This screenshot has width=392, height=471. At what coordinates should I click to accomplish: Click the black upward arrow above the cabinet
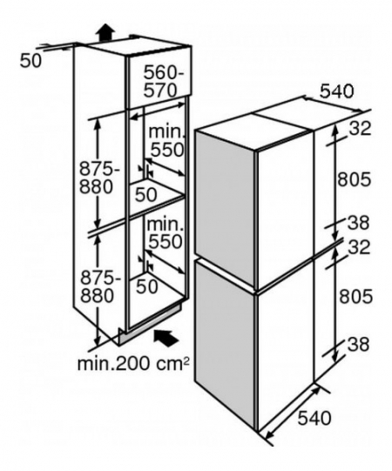[105, 32]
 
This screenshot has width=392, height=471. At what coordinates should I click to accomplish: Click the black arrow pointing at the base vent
[166, 337]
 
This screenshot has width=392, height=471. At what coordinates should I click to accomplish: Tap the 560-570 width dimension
[163, 81]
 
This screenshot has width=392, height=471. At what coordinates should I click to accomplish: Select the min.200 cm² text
[133, 363]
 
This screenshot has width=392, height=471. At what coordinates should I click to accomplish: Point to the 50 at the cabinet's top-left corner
[30, 61]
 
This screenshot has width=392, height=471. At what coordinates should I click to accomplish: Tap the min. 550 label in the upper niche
[166, 140]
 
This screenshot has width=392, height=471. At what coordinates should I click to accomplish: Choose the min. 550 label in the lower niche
[165, 232]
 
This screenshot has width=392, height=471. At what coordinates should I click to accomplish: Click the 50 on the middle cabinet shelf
[146, 194]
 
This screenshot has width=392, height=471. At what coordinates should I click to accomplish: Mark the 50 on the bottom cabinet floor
[147, 286]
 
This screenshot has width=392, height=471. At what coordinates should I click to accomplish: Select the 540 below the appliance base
[314, 418]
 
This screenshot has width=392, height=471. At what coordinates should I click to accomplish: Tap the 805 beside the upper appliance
[355, 179]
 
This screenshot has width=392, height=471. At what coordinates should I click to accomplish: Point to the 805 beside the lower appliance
[355, 296]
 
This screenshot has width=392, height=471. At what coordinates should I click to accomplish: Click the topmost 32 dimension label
[360, 129]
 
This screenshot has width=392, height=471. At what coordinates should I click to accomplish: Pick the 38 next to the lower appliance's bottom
[358, 345]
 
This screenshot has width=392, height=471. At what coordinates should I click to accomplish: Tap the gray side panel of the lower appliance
[225, 344]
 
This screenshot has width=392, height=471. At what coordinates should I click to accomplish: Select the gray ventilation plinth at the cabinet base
[150, 325]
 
